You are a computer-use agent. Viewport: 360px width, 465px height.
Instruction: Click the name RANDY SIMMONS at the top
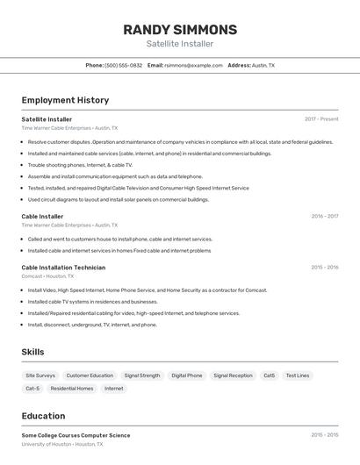[x=180, y=29]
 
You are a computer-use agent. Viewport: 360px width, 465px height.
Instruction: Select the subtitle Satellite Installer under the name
[x=180, y=44]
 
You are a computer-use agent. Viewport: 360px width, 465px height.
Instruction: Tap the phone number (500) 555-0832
[x=123, y=65]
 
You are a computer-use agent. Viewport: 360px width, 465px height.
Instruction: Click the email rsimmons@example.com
[x=193, y=65]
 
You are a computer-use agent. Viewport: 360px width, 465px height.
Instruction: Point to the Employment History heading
[x=65, y=100]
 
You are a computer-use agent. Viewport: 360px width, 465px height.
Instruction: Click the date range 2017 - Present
[x=321, y=119]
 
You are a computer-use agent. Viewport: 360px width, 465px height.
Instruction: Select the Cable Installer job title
[x=42, y=216]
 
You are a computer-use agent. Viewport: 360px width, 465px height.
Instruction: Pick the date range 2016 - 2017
[x=324, y=216]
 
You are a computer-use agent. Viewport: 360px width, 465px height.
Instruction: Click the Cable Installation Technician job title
[x=63, y=268]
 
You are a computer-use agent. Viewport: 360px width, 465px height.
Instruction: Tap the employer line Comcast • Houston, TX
[x=47, y=276]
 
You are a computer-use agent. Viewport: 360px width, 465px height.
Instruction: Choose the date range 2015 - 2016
[x=324, y=268]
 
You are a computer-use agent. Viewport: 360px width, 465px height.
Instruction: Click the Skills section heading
[x=32, y=352]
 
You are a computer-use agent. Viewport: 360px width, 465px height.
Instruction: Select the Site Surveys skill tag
[x=40, y=376]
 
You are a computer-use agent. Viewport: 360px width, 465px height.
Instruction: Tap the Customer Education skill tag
[x=90, y=376]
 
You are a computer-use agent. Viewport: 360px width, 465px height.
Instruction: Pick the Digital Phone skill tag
[x=186, y=376]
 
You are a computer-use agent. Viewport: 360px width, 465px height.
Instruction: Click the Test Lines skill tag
[x=298, y=376]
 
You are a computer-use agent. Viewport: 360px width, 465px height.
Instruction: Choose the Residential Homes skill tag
[x=72, y=388]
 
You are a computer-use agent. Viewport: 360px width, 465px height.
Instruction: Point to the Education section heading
[x=43, y=416]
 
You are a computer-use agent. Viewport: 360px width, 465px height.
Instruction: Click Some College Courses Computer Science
[x=76, y=435]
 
